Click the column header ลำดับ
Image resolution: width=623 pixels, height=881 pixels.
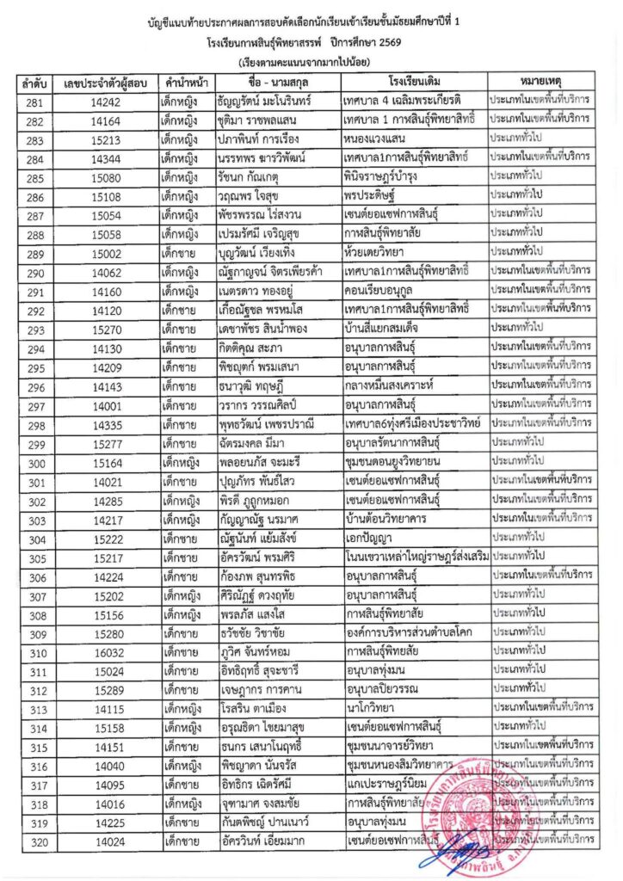(x=35, y=83)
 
